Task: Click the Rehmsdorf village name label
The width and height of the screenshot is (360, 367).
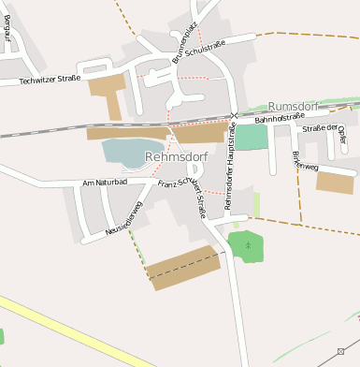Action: click(176, 157)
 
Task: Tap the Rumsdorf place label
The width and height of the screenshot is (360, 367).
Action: click(294, 107)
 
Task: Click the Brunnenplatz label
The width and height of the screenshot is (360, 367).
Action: click(183, 47)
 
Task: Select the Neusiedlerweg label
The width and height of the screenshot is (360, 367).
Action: click(123, 216)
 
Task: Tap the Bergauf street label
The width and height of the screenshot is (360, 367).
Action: click(9, 38)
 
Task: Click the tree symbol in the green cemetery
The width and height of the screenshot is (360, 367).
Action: click(248, 244)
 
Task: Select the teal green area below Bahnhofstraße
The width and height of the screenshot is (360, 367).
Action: click(251, 137)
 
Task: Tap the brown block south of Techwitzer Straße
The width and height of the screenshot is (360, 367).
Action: click(108, 95)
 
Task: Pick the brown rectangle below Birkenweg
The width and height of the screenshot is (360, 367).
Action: click(335, 182)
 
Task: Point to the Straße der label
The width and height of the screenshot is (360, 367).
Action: click(319, 128)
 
